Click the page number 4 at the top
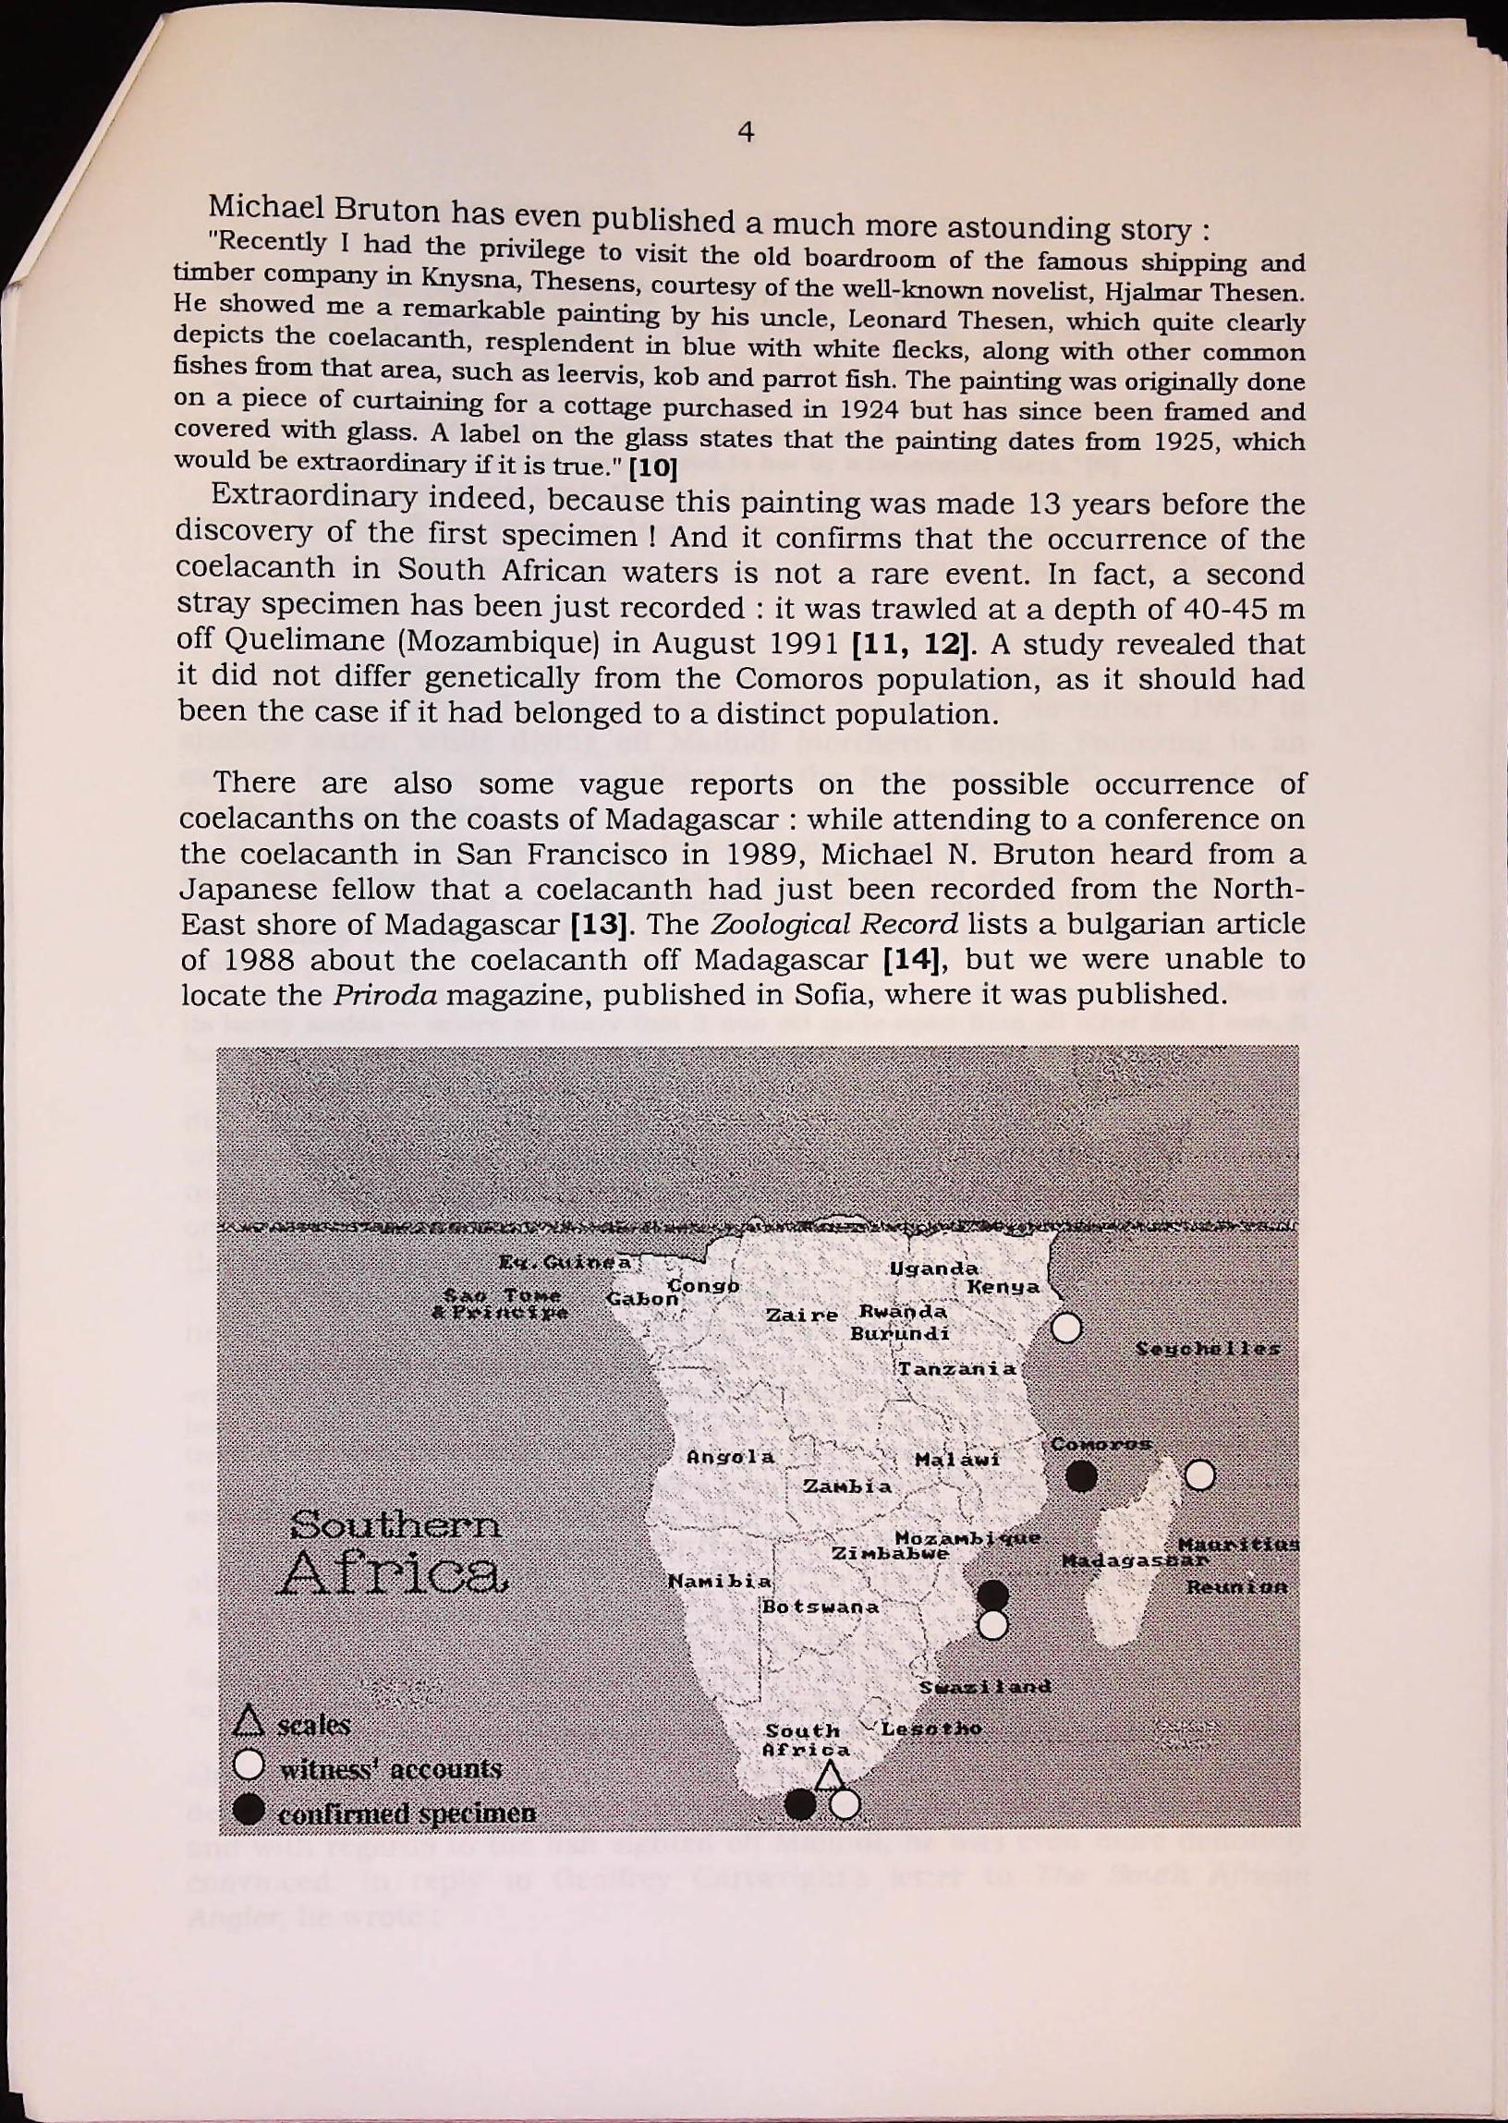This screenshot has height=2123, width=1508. point(745,134)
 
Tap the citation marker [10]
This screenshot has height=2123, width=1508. point(652,467)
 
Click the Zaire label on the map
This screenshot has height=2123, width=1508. point(801,1316)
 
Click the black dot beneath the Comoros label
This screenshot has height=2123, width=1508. point(1081,1475)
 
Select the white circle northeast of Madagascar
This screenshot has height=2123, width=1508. point(1199,1474)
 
